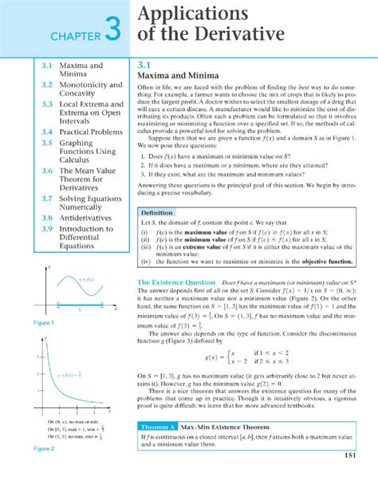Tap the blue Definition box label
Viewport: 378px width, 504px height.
point(158,214)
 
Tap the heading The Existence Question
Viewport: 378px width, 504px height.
point(176,282)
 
